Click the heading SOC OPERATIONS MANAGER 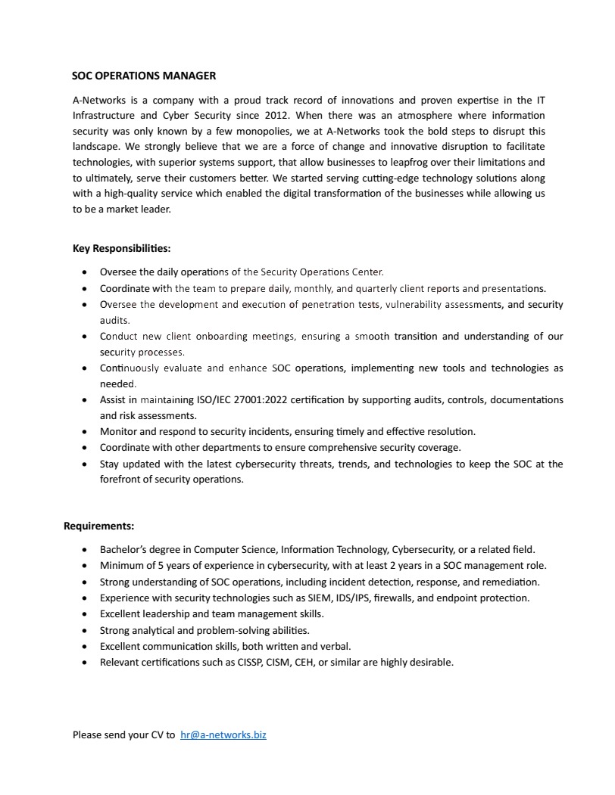144,76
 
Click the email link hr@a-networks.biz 223,734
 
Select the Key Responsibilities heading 121,248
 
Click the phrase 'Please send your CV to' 124,734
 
